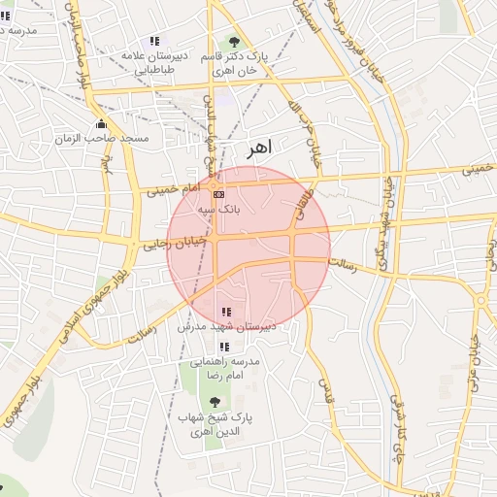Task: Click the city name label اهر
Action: click(259, 148)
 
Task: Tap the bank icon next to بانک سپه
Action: click(217, 194)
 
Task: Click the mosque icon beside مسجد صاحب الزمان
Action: click(101, 124)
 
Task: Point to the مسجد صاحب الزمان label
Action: click(116, 139)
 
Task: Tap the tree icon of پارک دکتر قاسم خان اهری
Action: click(233, 42)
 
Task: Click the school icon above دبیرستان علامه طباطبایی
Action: click(153, 41)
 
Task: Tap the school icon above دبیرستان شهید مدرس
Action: click(226, 312)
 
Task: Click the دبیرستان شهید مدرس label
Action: click(227, 327)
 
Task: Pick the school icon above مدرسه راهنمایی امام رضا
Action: click(225, 346)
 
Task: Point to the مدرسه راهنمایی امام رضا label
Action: click(227, 367)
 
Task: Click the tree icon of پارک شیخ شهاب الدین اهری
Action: click(215, 402)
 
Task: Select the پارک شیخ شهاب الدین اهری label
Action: click(215, 423)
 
